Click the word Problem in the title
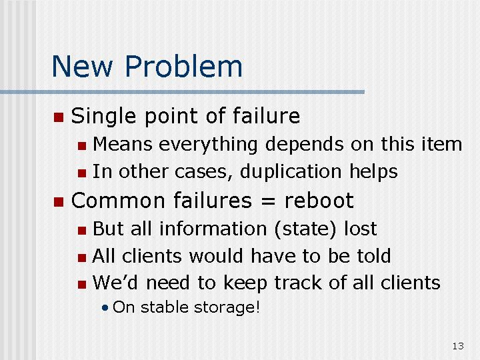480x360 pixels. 184,66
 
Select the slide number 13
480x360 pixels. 458,346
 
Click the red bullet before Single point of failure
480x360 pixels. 59,117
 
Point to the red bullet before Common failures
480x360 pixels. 59,202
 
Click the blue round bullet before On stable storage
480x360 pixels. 105,307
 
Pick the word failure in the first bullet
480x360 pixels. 266,116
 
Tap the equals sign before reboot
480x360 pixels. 268,201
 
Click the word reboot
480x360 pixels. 319,201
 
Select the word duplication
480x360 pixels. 291,171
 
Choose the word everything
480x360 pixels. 208,145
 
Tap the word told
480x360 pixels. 374,255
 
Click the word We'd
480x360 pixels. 115,282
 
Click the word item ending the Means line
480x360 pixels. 442,144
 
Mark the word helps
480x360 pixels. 373,171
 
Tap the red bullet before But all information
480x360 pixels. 82,230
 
